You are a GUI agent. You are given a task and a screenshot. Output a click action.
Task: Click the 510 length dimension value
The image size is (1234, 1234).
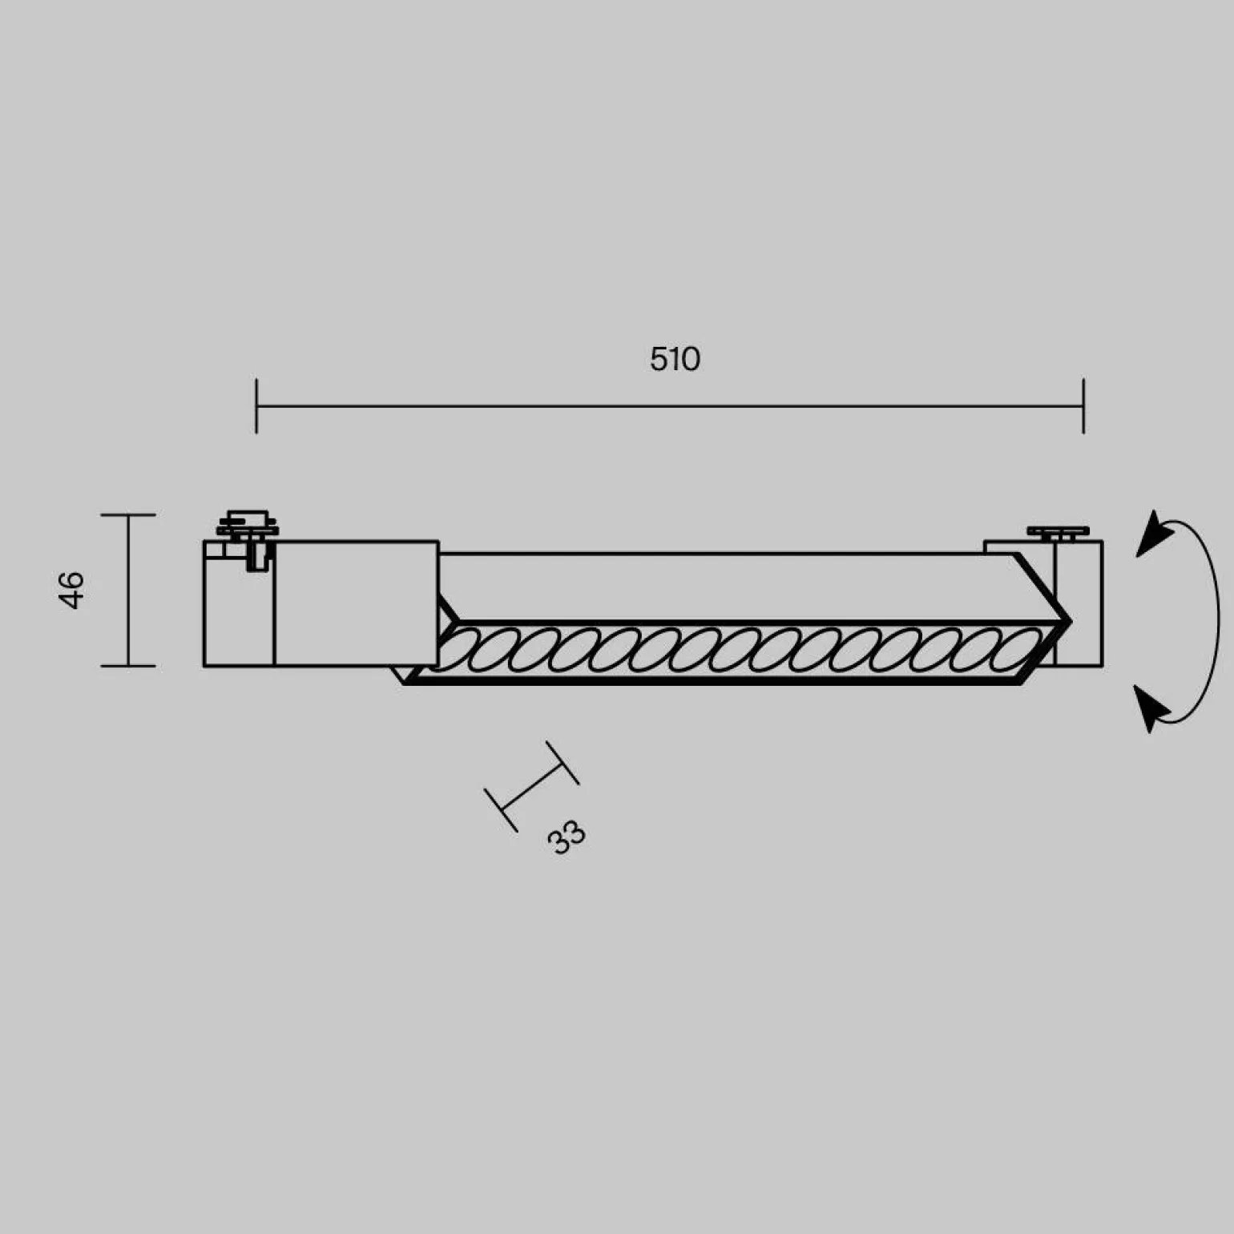(675, 359)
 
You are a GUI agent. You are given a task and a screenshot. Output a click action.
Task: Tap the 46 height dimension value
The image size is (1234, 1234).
(72, 591)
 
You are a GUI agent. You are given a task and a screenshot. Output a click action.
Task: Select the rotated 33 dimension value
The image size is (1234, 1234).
(567, 837)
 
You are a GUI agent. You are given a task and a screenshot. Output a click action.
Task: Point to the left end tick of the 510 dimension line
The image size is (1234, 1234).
(256, 406)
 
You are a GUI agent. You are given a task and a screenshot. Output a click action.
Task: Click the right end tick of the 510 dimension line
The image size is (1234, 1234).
(1083, 406)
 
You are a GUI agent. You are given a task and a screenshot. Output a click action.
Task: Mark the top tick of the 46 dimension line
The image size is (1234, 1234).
(128, 515)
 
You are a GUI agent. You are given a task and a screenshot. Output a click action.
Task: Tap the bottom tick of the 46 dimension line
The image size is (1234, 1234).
(128, 665)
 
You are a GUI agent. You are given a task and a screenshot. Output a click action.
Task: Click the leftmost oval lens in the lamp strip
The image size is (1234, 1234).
(458, 650)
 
